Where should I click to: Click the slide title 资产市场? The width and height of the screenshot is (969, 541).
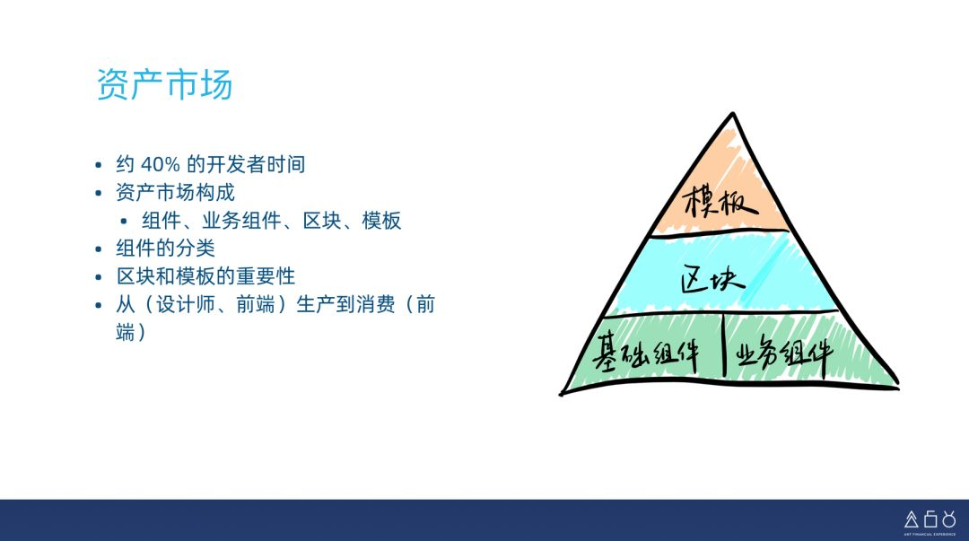164,84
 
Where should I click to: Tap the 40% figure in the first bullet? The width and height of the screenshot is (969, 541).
160,164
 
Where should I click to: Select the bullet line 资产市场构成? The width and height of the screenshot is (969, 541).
176,192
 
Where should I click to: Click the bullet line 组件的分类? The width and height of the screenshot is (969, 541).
166,248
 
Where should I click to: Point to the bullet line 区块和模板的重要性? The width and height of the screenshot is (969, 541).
205,275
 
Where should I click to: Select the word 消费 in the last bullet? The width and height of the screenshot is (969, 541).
374,304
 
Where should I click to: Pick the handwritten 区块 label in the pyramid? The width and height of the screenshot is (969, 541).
712,279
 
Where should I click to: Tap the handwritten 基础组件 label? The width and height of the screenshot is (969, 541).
646,353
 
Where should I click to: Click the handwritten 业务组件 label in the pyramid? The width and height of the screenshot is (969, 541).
783,353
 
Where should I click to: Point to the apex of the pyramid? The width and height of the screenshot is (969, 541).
733,114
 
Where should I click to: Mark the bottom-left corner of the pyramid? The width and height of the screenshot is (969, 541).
561,393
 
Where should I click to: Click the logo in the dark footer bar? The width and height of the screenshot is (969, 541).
930,522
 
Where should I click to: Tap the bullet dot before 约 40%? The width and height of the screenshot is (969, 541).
99,165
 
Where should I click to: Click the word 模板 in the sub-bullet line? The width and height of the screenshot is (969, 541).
381,220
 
